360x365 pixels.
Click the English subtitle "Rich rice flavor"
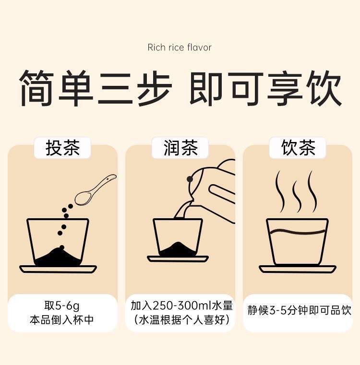180,47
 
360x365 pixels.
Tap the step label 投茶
62,148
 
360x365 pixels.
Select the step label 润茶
180,148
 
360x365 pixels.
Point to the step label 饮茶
298,148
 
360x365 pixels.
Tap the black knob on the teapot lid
190,179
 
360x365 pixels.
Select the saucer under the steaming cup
297,269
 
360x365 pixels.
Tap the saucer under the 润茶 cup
178,259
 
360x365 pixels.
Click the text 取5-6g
62,306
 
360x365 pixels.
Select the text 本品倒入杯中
62,320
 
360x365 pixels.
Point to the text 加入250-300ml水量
182,306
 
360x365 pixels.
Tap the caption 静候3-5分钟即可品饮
299,310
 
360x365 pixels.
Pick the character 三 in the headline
115,88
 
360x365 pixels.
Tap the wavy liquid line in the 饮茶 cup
298,232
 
